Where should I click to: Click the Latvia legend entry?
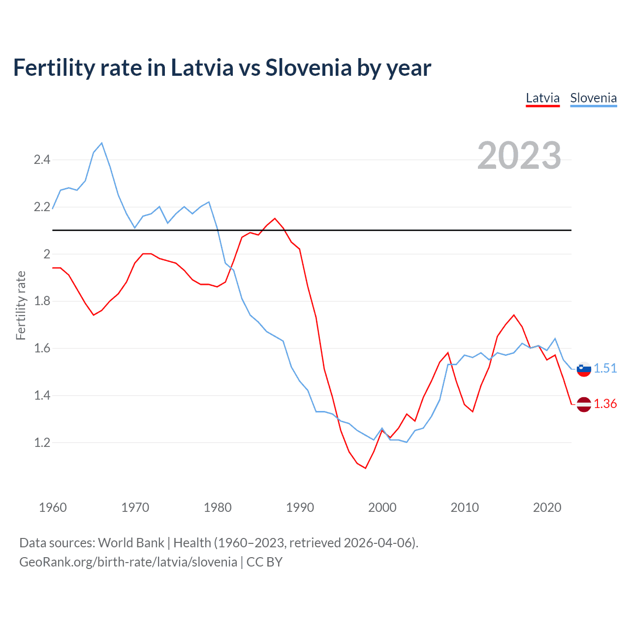tap(542, 98)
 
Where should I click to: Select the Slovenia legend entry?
tap(593, 98)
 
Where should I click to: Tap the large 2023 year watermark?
tap(519, 156)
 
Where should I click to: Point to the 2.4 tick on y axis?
tap(42, 159)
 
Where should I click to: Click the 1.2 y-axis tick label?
tap(42, 442)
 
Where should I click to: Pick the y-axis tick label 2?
tap(47, 254)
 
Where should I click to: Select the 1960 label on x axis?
tap(53, 507)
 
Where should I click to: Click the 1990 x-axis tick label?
tap(300, 507)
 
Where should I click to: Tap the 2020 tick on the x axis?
tap(547, 507)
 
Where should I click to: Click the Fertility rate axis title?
tap(21, 305)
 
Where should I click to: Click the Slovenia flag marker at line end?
tap(584, 369)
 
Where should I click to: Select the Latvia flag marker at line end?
tap(584, 404)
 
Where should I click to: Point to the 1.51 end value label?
tap(605, 368)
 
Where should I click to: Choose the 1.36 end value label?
tap(605, 404)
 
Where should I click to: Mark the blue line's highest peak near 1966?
tap(102, 143)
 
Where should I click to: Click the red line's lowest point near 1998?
tap(365, 468)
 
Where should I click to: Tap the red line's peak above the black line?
tap(275, 219)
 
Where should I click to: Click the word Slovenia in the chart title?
tap(308, 68)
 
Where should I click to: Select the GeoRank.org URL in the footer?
tap(128, 562)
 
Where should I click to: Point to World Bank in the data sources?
tap(131, 543)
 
